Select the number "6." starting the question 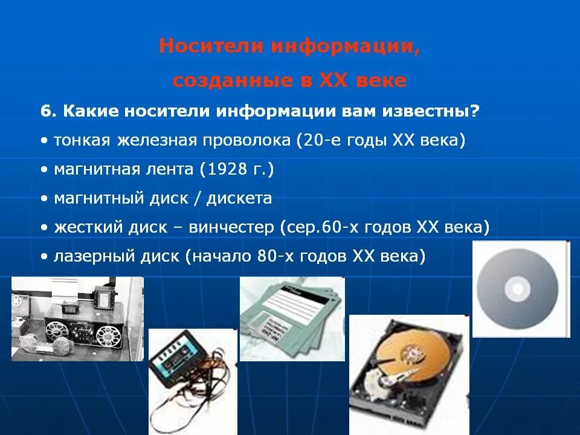click(48, 112)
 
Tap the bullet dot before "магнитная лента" click(45, 170)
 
